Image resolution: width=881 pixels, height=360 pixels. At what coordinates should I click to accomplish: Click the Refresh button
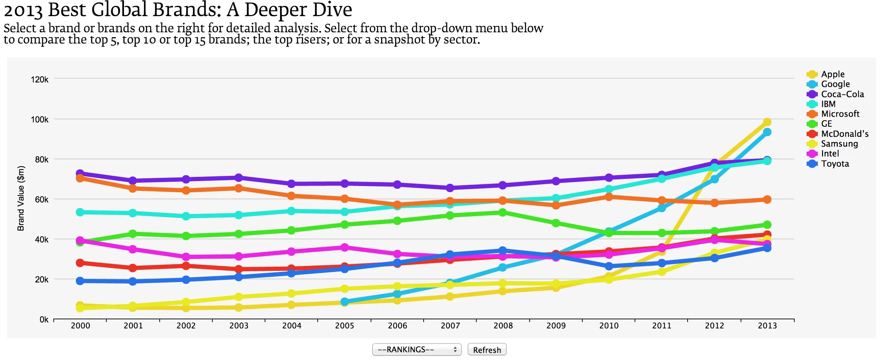[x=486, y=349]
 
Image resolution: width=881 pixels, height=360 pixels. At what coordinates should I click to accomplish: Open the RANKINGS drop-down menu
[x=417, y=349]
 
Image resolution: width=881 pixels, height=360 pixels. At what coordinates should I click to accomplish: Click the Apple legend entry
[x=833, y=74]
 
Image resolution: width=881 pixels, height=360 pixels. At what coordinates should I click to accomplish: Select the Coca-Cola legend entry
[x=842, y=94]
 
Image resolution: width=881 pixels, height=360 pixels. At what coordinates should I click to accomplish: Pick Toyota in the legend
[x=835, y=164]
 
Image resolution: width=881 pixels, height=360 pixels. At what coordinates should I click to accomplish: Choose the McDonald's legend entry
[x=844, y=134]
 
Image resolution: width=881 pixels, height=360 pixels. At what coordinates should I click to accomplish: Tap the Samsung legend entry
[x=839, y=144]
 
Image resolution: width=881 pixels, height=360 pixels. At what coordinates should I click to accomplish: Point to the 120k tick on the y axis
[x=40, y=79]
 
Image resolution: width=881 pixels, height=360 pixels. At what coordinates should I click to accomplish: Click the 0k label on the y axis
[x=44, y=319]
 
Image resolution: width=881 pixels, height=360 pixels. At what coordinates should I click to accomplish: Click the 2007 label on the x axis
[x=450, y=326]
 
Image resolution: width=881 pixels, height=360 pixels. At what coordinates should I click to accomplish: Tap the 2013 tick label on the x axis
[x=767, y=326]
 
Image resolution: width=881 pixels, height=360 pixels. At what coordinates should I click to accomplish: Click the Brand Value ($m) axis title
[x=21, y=198]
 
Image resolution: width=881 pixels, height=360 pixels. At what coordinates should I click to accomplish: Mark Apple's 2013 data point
[x=767, y=122]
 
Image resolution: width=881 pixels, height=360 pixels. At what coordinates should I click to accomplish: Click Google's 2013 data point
[x=767, y=132]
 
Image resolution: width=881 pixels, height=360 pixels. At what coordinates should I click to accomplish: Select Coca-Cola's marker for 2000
[x=80, y=173]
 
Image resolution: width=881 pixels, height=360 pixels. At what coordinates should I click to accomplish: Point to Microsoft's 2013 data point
[x=767, y=199]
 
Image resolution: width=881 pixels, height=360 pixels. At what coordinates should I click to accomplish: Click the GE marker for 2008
[x=503, y=212]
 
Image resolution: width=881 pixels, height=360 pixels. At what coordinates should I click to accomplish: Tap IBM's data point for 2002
[x=186, y=216]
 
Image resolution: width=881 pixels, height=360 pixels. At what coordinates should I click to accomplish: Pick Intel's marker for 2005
[x=345, y=247]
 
